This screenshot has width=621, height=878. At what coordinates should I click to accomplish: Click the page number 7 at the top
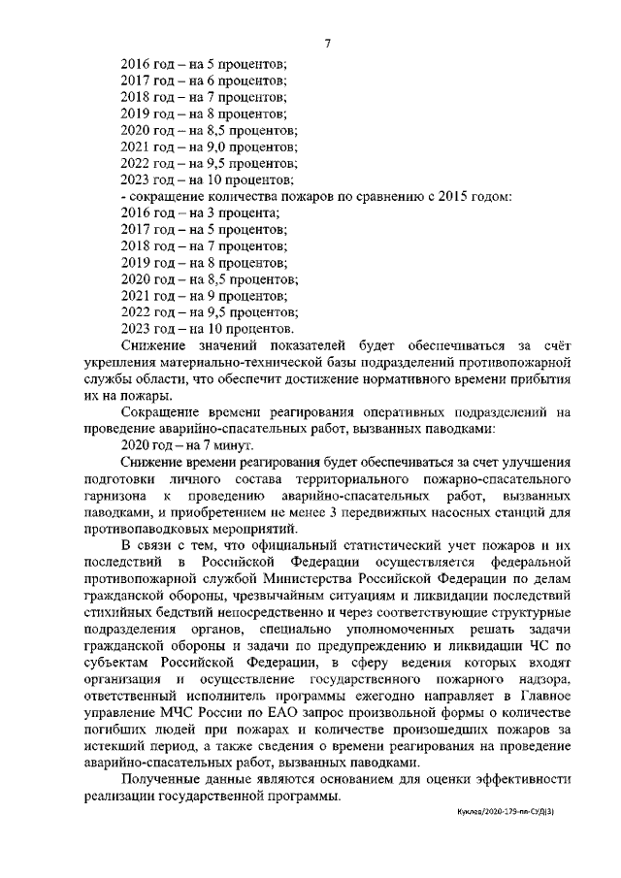[327, 44]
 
